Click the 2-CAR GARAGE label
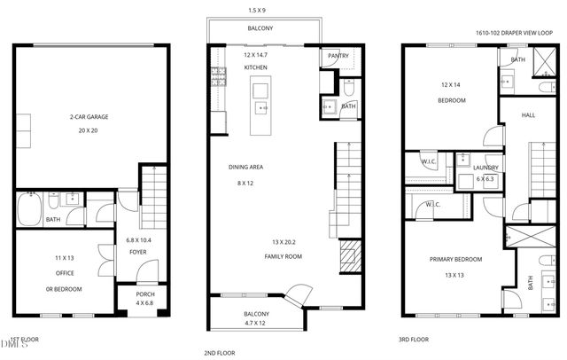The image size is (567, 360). click(90, 116)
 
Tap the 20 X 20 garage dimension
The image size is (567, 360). click(90, 130)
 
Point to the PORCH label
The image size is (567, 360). click(144, 295)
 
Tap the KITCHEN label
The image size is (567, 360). click(256, 67)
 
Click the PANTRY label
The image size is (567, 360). click(338, 56)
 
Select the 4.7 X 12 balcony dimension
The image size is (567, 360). click(256, 325)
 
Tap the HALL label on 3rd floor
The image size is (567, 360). click(528, 115)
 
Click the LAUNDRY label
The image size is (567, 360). click(485, 167)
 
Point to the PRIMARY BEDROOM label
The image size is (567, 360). click(455, 260)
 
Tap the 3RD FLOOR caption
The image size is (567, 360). click(413, 340)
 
